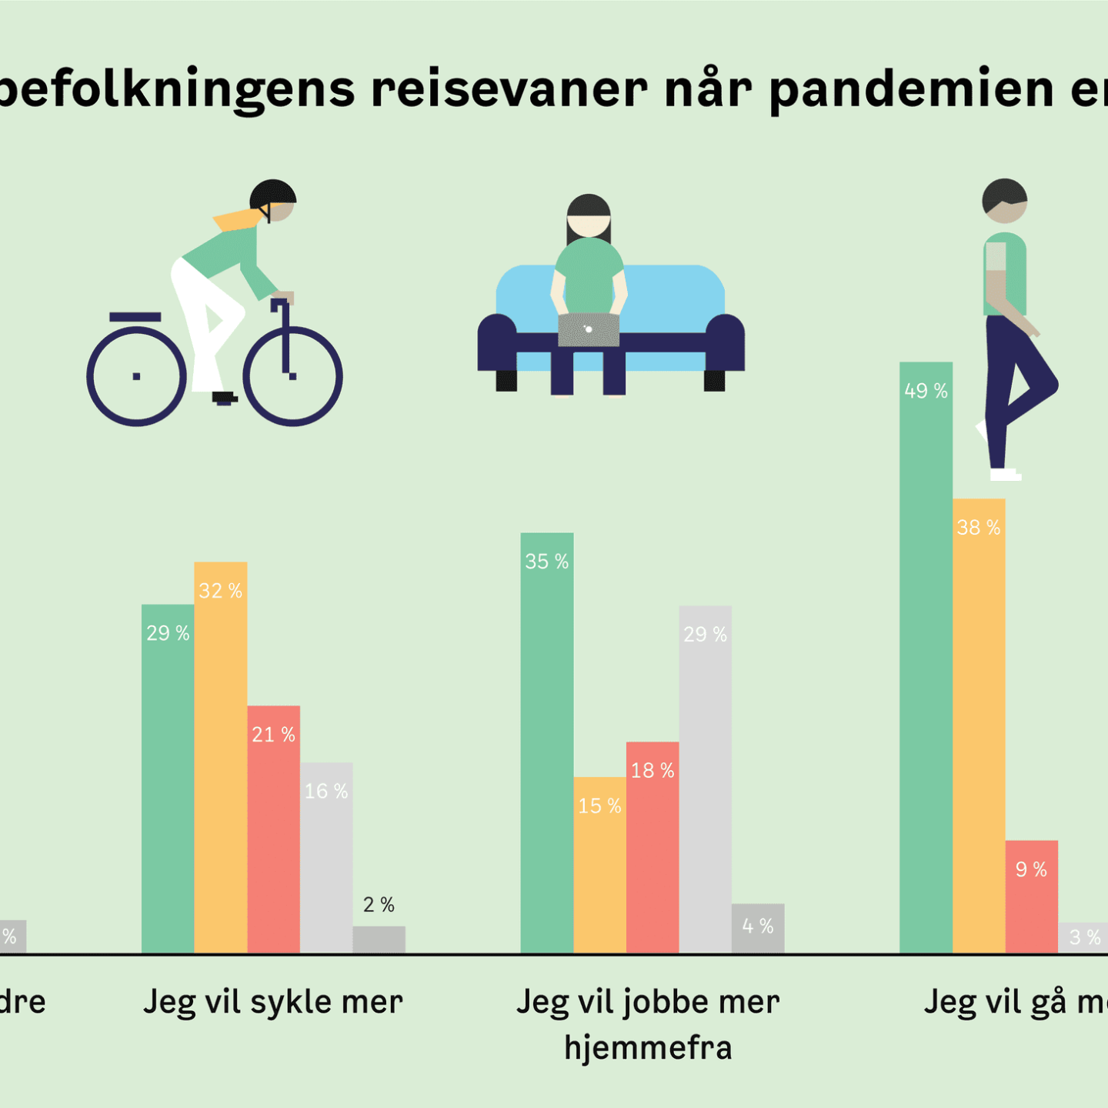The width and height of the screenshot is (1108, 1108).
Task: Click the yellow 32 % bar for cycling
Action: pos(220,758)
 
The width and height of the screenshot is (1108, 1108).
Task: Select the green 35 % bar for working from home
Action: pos(546,743)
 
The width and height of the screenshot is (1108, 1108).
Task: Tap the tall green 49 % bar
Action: pos(926,658)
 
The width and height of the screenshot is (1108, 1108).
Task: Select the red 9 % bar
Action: pos(1031,896)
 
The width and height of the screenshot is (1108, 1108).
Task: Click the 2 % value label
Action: pos(379,905)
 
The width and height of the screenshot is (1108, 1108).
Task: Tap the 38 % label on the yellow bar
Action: pos(978,528)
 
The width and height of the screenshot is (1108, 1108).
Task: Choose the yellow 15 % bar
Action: pos(599,865)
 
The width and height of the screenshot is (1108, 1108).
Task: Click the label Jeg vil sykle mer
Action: pos(273,1002)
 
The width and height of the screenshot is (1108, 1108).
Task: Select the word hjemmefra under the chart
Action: pos(648,1048)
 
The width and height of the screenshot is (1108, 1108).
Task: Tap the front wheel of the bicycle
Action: pos(292,376)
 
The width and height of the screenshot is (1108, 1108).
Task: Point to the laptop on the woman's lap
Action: pos(589,329)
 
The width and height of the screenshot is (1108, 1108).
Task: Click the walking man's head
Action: pos(1004,200)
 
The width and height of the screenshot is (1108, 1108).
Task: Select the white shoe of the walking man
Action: pos(1004,475)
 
